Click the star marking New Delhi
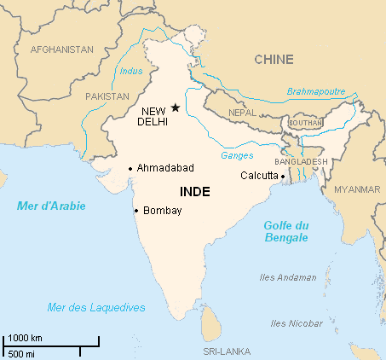176,107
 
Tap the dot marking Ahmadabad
130,168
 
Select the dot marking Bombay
136,210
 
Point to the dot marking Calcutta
282,176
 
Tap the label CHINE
274,60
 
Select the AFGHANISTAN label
61,49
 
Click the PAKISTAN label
107,96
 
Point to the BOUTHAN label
306,123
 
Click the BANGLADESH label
301,161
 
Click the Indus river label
132,71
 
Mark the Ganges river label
237,155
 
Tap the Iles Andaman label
288,277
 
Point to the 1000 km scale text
26,338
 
